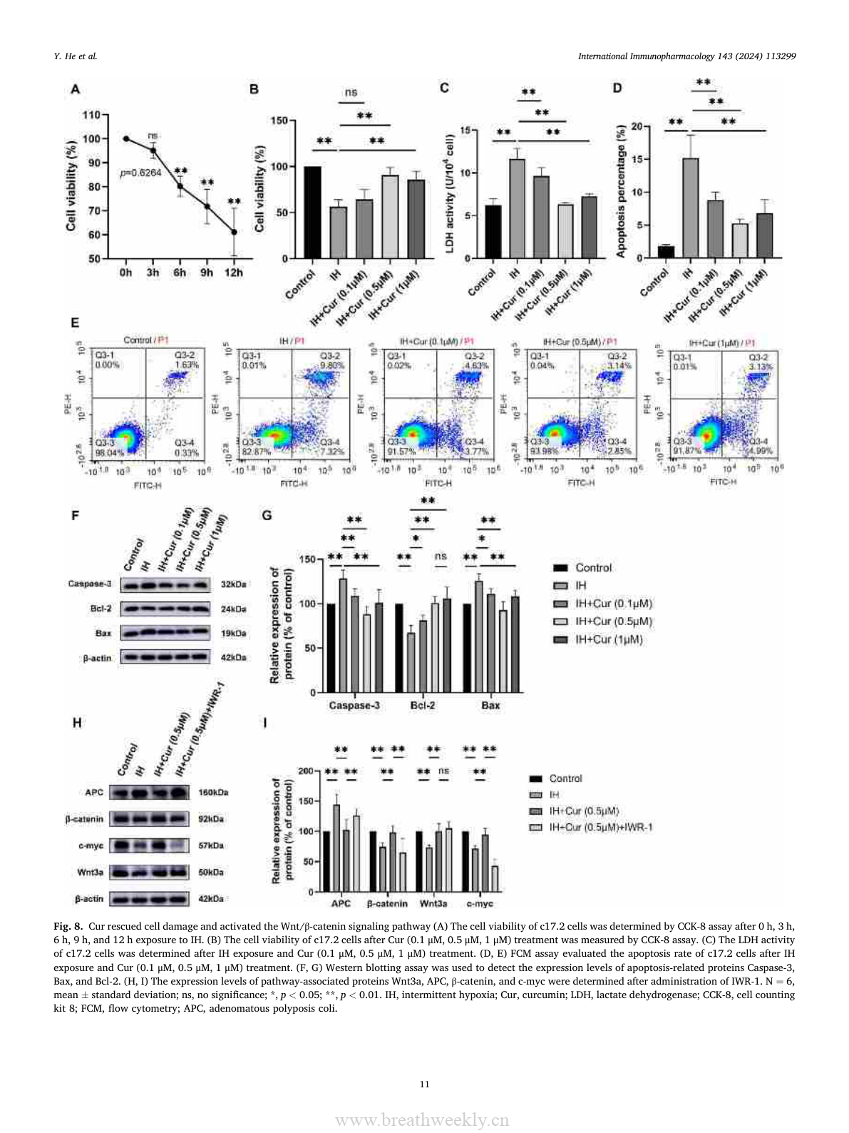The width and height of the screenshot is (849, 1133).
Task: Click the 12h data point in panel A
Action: (234, 232)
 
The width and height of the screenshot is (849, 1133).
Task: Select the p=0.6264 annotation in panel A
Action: (140, 173)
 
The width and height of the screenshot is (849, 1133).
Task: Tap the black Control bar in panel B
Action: (312, 212)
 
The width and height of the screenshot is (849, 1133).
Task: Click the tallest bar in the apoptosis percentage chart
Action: (690, 208)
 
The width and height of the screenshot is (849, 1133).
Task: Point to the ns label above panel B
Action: (351, 93)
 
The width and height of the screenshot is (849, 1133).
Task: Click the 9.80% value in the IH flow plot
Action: (332, 365)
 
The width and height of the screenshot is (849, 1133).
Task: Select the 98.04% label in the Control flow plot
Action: (110, 452)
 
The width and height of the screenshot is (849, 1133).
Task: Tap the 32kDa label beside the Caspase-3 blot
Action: (234, 584)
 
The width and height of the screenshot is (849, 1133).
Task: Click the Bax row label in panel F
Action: (103, 634)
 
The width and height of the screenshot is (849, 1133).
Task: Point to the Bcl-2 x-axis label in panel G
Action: (423, 706)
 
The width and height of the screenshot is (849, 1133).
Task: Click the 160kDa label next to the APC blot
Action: (213, 793)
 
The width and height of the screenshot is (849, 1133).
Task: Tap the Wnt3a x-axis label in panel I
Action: (433, 904)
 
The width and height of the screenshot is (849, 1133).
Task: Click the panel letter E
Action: (75, 323)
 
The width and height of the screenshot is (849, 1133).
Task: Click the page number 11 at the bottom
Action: (424, 1084)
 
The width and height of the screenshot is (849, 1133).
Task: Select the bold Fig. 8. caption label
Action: (68, 926)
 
